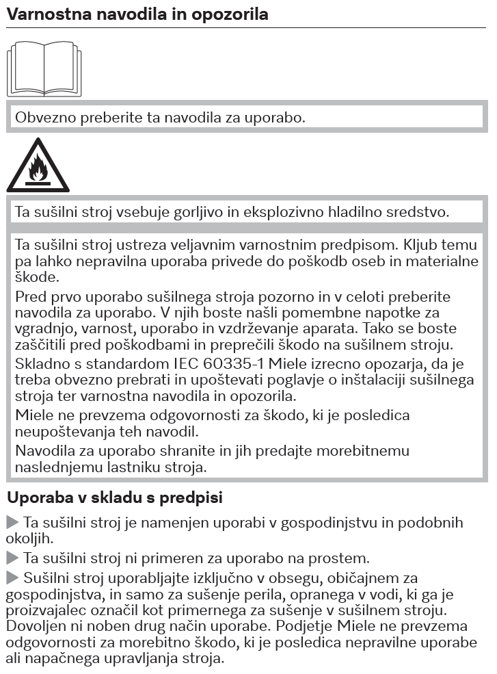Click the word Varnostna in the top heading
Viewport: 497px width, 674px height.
(40, 14)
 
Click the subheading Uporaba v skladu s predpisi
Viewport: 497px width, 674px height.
(114, 498)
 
